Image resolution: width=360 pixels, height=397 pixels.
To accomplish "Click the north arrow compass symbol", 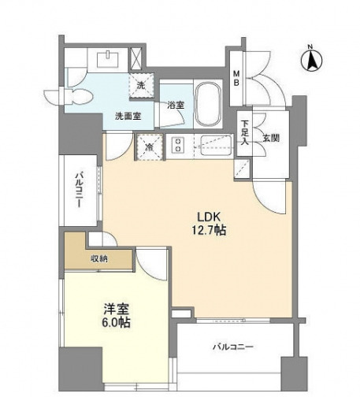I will (312, 58).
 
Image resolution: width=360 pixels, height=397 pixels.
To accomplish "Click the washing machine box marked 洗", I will (142, 86).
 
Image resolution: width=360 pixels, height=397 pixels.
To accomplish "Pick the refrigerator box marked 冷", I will (149, 147).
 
